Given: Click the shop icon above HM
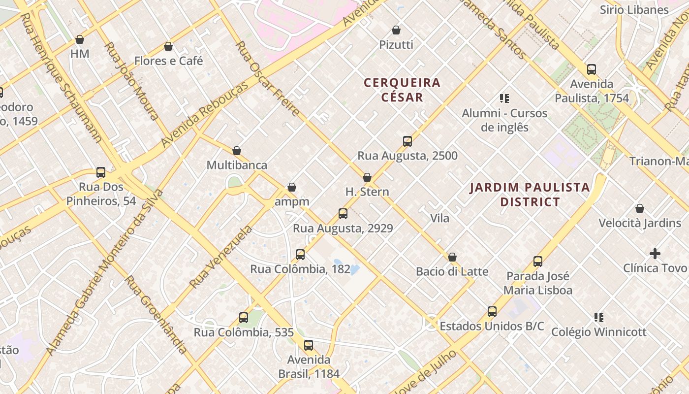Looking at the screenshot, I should [80, 39].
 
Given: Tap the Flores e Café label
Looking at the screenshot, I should [168, 61].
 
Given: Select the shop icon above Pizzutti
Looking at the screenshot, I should [396, 30].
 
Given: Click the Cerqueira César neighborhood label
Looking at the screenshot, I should [402, 90].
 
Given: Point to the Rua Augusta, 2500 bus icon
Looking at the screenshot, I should [407, 141].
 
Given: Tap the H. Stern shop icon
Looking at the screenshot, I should [367, 177].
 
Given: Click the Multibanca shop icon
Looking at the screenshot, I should [237, 151].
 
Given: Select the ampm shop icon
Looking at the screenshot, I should [292, 187].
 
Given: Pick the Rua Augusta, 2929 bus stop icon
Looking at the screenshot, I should [343, 214].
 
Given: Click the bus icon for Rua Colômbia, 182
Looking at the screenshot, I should [300, 255].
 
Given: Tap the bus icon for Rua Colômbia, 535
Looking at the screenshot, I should [244, 318].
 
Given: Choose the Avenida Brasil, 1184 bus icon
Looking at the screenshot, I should [309, 345].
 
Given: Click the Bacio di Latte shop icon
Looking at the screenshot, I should [452, 257].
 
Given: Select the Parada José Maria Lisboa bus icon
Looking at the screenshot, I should [538, 262].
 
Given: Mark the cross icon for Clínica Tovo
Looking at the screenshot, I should [655, 254].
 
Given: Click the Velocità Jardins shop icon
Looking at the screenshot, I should [640, 208].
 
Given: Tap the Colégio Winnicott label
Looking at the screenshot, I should [598, 332].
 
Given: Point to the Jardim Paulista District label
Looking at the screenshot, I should [530, 195].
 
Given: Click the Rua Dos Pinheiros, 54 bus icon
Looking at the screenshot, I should [101, 172].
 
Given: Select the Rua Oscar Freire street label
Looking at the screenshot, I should [267, 79].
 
